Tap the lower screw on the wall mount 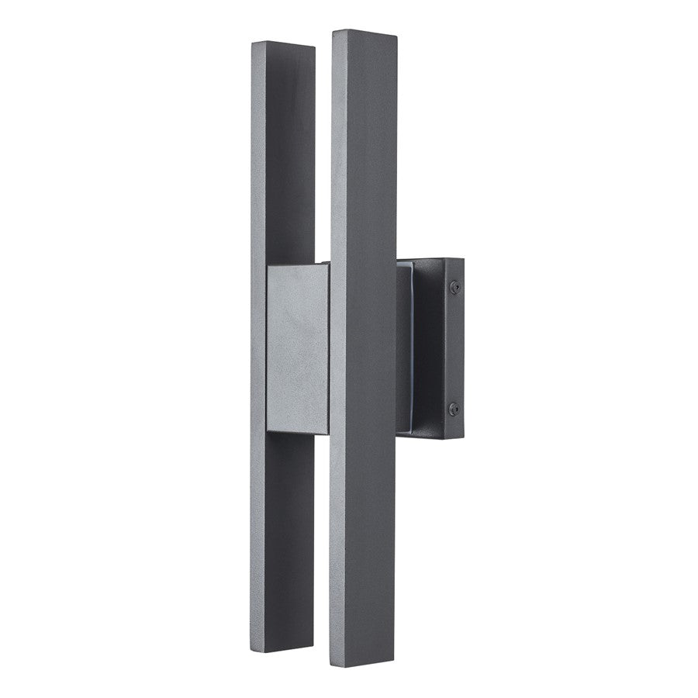454,408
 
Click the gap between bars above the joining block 323,155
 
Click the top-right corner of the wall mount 464,260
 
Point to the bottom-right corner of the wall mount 464,439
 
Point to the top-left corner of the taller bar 332,33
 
